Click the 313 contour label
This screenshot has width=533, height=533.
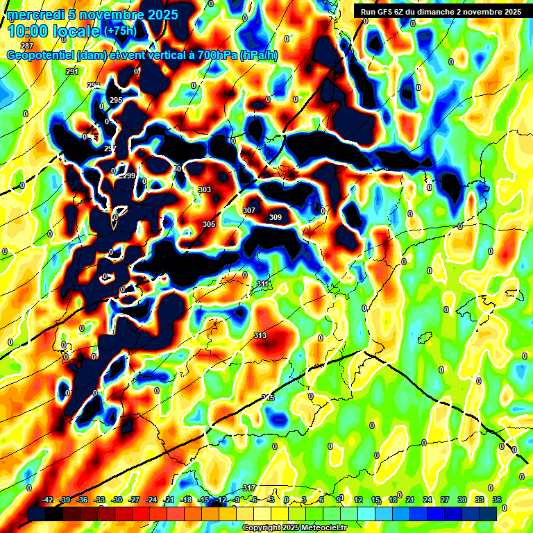(260, 335)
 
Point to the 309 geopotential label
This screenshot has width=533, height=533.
(276, 217)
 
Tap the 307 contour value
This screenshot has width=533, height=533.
(249, 210)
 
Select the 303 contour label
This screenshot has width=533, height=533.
(205, 189)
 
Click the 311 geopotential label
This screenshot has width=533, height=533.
(262, 284)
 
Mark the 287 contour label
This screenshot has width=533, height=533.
(27, 65)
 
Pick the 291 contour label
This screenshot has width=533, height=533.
(72, 71)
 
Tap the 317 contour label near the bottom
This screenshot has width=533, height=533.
(250, 488)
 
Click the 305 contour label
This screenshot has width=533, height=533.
(209, 224)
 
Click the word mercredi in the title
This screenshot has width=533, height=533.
(33, 15)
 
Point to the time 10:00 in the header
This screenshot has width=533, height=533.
(27, 31)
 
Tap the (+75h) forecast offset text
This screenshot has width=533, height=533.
(119, 31)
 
